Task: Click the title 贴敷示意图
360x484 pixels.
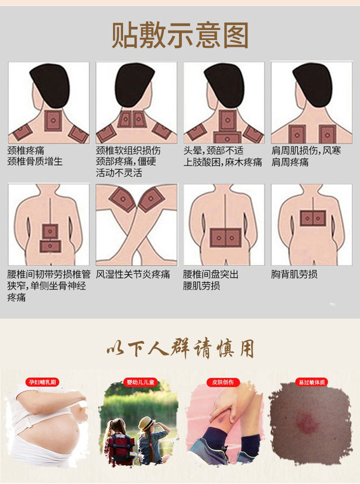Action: click(180, 36)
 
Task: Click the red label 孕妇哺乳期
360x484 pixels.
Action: click(44, 382)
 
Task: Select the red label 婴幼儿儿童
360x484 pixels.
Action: click(133, 382)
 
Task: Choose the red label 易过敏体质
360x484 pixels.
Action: click(312, 382)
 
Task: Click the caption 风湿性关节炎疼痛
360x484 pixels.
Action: click(133, 274)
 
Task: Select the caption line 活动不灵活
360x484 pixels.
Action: click(119, 173)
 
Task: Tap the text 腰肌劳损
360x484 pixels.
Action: click(201, 285)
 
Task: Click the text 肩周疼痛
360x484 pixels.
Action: click(289, 162)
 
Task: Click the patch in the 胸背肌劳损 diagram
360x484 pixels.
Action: click(312, 218)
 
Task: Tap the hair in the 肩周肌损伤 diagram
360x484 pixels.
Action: click(312, 82)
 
